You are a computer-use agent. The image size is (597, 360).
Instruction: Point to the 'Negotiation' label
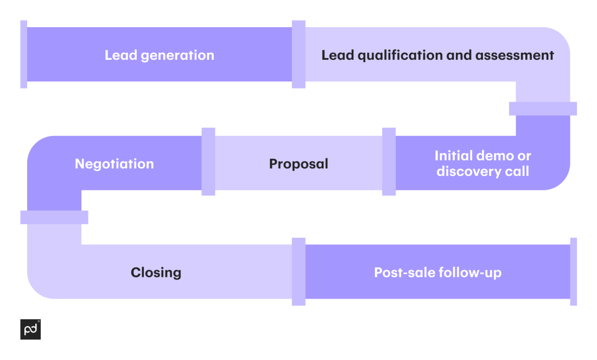click(114, 164)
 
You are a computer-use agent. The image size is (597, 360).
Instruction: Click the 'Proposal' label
click(298, 164)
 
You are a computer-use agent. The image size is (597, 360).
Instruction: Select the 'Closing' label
click(156, 273)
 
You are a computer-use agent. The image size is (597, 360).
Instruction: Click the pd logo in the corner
click(30, 330)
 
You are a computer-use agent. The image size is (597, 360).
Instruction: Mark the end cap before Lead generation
click(23, 54)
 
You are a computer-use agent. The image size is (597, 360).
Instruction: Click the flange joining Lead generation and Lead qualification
click(298, 54)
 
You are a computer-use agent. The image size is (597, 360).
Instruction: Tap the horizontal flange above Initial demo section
click(543, 109)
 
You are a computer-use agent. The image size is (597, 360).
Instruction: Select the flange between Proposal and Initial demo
click(389, 162)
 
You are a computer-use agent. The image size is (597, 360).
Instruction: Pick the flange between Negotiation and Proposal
click(208, 162)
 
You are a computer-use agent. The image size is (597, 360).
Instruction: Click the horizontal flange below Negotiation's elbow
click(54, 217)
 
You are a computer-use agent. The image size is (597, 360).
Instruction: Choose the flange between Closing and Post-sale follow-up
click(298, 271)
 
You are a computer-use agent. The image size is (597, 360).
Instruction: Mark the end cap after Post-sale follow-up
click(573, 271)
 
